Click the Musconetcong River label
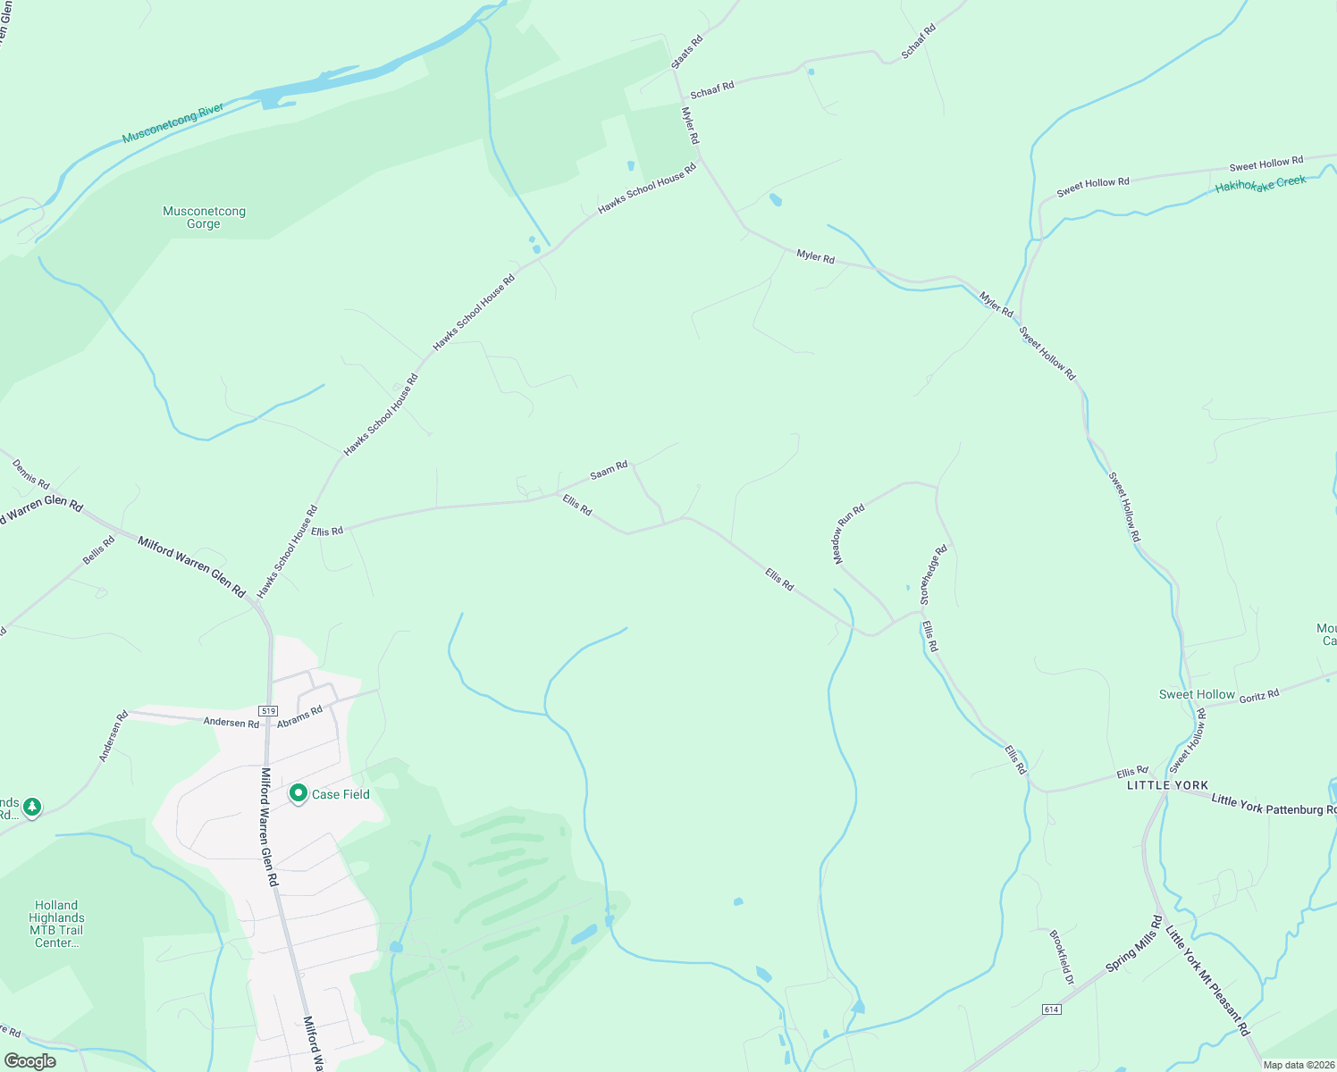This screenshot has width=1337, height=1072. (x=173, y=123)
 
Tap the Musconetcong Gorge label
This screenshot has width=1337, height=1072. (x=204, y=217)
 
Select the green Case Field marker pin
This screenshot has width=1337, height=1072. (x=299, y=793)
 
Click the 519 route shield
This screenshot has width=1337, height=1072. (x=268, y=710)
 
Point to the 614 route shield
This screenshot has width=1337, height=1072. (x=1051, y=1009)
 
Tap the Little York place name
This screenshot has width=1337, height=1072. (x=1167, y=785)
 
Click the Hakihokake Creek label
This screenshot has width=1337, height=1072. (x=1260, y=184)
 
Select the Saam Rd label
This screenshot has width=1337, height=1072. (x=609, y=470)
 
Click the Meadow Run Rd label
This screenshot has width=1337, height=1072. (x=849, y=534)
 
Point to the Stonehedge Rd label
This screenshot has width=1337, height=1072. (x=933, y=575)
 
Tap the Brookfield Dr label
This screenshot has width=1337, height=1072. (x=1062, y=957)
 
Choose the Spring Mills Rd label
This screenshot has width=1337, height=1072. (x=1134, y=943)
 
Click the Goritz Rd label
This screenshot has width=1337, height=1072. (x=1258, y=696)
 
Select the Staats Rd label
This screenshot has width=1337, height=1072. (x=687, y=52)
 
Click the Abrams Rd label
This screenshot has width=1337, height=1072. (x=299, y=716)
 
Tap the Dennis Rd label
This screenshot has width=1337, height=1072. (x=31, y=474)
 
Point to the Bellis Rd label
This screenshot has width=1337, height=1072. (x=99, y=549)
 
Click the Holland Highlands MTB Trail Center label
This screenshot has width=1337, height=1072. (x=56, y=924)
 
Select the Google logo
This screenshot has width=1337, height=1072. (x=29, y=1061)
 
